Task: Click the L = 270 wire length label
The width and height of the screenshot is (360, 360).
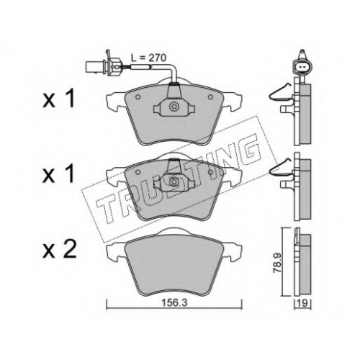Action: point(148,58)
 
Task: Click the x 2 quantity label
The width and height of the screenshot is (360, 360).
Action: point(60,250)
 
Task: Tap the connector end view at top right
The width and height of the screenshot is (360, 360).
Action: point(302,64)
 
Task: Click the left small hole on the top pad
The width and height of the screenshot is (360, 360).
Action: point(138,97)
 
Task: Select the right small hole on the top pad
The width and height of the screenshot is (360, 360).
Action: point(210,96)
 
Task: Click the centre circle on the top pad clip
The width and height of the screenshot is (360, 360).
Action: point(174,107)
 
